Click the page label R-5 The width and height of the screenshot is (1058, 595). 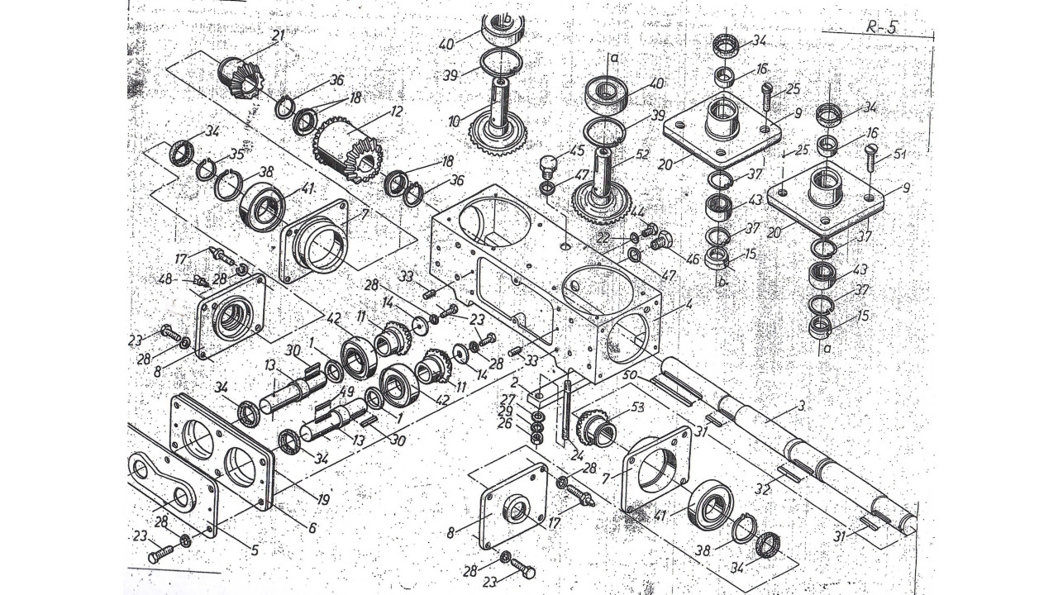click(881, 26)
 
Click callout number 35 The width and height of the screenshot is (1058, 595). click(238, 153)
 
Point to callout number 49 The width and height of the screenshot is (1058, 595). click(347, 392)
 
